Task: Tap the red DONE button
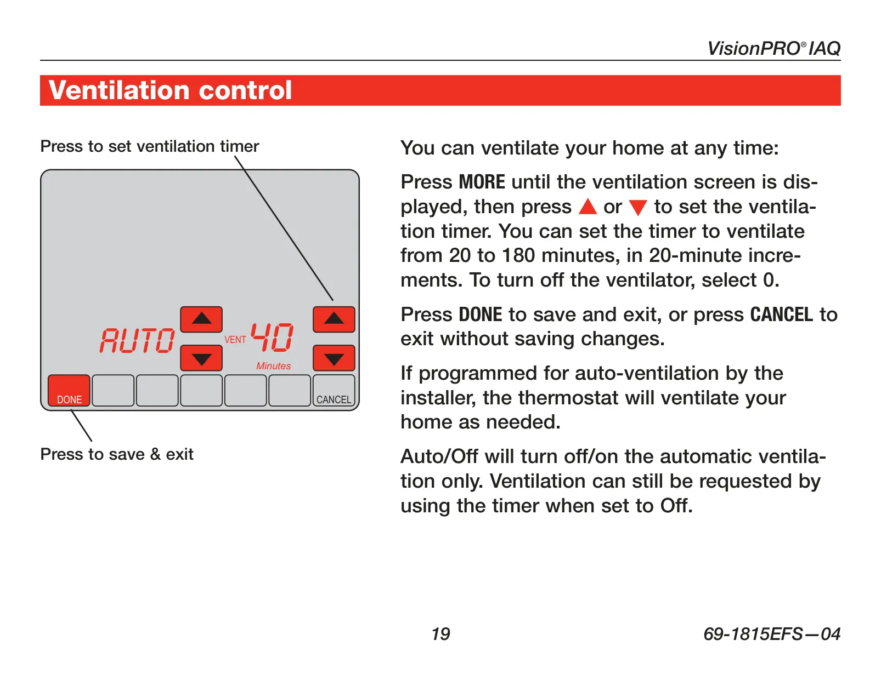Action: click(69, 391)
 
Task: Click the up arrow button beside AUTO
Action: click(201, 319)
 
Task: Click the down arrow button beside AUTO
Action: click(201, 358)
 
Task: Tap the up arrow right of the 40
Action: click(334, 319)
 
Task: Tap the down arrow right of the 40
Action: click(334, 358)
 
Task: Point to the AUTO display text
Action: click(137, 340)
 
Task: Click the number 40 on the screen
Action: click(272, 337)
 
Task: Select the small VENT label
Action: click(235, 339)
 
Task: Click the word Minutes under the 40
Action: click(273, 365)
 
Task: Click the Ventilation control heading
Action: click(170, 90)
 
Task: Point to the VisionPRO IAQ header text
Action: click(773, 48)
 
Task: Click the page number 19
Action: click(440, 634)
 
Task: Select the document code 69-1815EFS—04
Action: click(772, 634)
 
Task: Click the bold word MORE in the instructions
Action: click(482, 182)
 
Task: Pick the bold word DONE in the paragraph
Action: click(481, 315)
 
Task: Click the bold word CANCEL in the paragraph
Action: click(782, 315)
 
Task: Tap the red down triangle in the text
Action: click(638, 208)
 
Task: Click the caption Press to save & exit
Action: click(117, 454)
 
